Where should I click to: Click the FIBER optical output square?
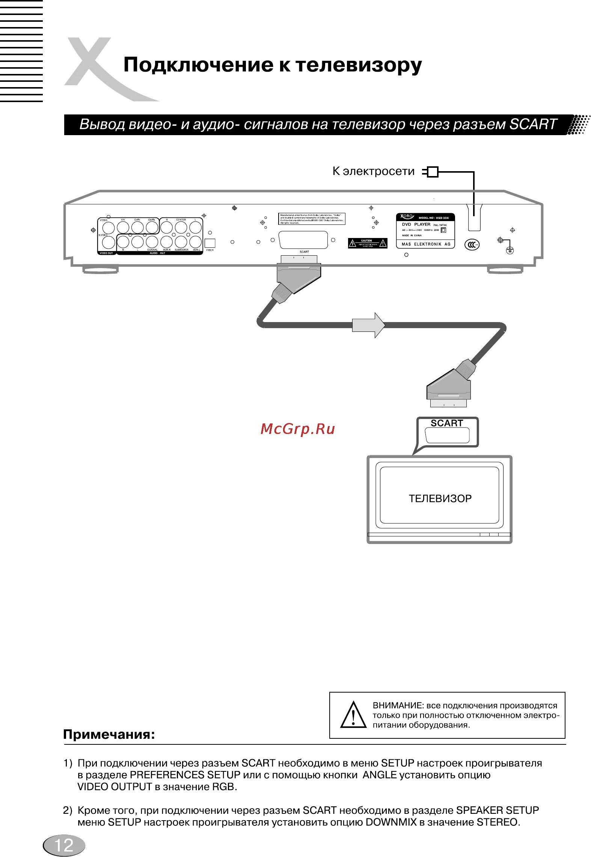(210, 243)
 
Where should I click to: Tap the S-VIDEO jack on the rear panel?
(109, 242)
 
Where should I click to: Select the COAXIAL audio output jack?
(152, 242)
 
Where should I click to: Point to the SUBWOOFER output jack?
(181, 242)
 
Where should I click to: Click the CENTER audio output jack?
(181, 227)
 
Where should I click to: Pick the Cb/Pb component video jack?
(152, 227)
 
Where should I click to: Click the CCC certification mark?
(472, 245)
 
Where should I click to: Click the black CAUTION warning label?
(367, 243)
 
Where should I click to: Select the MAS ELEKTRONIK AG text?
(426, 244)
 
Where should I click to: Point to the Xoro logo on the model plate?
(407, 217)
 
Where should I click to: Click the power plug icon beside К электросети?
(431, 172)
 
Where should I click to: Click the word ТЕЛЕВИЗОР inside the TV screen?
(440, 499)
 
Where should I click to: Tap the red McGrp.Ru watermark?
(297, 429)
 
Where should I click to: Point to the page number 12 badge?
(64, 845)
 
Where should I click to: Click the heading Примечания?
(109, 734)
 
